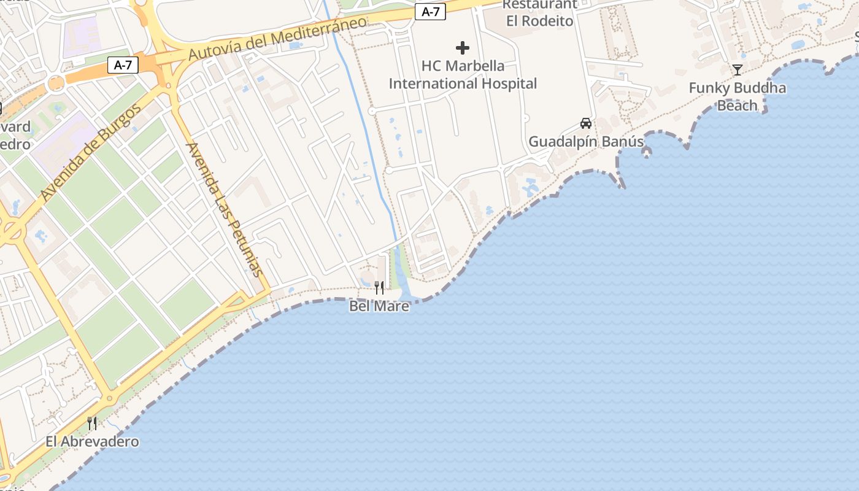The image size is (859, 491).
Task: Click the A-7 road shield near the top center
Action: pos(430,11)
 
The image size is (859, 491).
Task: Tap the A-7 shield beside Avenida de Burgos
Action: pos(123,64)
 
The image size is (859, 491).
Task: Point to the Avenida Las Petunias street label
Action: pos(225,209)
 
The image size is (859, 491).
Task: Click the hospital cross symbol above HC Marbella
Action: pos(463,48)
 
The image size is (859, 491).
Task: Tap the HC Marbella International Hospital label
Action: pos(463,74)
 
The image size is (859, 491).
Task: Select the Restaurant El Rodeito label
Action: pos(539,13)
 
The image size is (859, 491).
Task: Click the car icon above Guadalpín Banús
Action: pos(586,123)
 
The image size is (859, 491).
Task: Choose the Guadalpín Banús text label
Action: pos(586,142)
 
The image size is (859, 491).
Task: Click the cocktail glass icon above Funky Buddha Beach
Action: pos(737,70)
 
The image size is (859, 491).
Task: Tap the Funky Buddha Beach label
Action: pos(737,96)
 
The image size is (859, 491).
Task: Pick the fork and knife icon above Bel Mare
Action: pos(379,287)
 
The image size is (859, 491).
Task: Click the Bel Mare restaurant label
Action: pos(379,306)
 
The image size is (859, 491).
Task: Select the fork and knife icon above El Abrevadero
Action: pos(92,423)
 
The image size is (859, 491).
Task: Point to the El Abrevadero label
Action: pos(92,441)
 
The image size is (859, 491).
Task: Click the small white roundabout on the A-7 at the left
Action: pos(56,83)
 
